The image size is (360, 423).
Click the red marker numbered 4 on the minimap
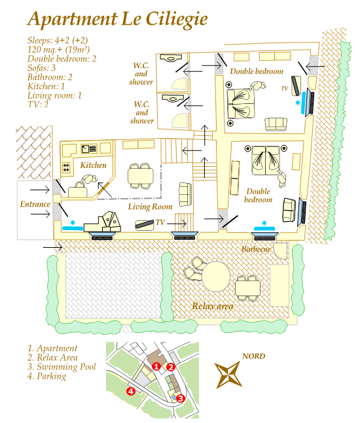coord(131,391)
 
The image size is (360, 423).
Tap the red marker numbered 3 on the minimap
coord(181,398)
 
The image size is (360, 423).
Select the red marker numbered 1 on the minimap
coord(156,366)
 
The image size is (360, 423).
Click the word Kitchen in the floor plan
coord(93,165)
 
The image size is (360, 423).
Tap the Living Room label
coord(150,207)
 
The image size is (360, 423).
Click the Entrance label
coord(35,204)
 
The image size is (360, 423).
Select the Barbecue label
coord(256,249)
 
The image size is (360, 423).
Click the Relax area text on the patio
coord(213,306)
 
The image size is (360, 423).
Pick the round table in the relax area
coord(216,277)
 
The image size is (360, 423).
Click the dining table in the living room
coord(141,177)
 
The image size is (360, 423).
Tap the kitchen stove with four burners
coord(66,167)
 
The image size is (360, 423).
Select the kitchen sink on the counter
coord(89,148)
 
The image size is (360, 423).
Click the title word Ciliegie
coord(177,20)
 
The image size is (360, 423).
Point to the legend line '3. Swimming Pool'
coord(62,367)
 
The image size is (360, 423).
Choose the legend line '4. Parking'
coord(46,376)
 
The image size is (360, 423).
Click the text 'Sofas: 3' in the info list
coord(42,68)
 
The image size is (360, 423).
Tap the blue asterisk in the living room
coord(73,223)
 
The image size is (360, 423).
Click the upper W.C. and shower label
coord(141,74)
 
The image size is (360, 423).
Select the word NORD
coord(253,356)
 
